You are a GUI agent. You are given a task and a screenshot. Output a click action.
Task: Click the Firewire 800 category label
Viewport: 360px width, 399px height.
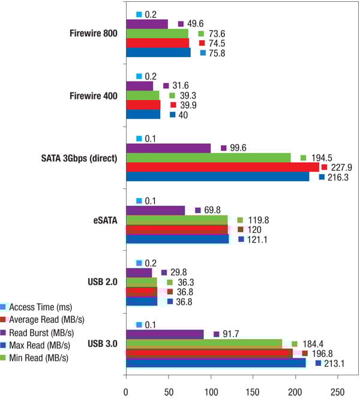click(92, 33)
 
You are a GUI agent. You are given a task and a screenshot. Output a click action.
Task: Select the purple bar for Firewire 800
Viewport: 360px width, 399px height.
click(147, 24)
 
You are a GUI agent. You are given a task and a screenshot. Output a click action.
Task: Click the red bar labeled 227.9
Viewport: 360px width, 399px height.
click(222, 167)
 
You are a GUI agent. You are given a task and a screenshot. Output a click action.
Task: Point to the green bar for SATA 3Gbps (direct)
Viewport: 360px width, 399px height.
click(208, 157)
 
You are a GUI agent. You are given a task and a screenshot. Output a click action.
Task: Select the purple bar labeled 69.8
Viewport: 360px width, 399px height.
click(155, 210)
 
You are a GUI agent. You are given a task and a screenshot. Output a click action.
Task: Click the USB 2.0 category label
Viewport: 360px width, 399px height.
click(100, 282)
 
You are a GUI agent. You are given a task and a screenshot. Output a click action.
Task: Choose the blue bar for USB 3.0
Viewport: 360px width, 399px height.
click(216, 362)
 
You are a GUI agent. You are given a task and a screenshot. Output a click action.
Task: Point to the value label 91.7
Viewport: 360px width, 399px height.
click(234, 334)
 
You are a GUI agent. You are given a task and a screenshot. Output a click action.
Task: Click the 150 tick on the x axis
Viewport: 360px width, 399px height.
click(253, 392)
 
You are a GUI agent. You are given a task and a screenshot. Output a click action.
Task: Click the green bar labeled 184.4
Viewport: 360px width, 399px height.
click(204, 343)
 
